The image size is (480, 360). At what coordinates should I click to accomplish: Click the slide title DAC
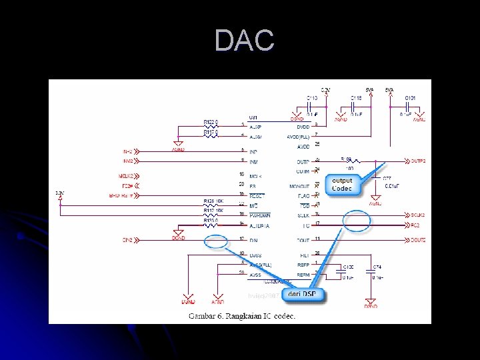click(x=244, y=41)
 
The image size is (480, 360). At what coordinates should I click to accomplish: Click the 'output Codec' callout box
click(x=342, y=185)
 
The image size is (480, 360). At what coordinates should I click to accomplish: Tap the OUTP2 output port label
click(x=417, y=161)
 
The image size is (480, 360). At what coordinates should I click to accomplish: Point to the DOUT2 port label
click(x=417, y=239)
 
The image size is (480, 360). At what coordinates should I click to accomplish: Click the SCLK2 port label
click(x=417, y=215)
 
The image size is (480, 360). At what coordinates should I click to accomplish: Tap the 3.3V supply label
click(x=61, y=192)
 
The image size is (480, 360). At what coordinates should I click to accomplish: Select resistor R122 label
click(x=211, y=121)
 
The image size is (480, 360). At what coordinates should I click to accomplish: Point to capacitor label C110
click(x=311, y=98)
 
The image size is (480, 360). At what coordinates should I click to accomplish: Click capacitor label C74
click(x=376, y=267)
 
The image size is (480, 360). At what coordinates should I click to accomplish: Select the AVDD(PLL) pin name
click(x=297, y=136)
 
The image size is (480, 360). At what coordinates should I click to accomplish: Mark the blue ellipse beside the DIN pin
click(x=216, y=241)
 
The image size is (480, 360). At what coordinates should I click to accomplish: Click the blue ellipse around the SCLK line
click(x=357, y=219)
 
